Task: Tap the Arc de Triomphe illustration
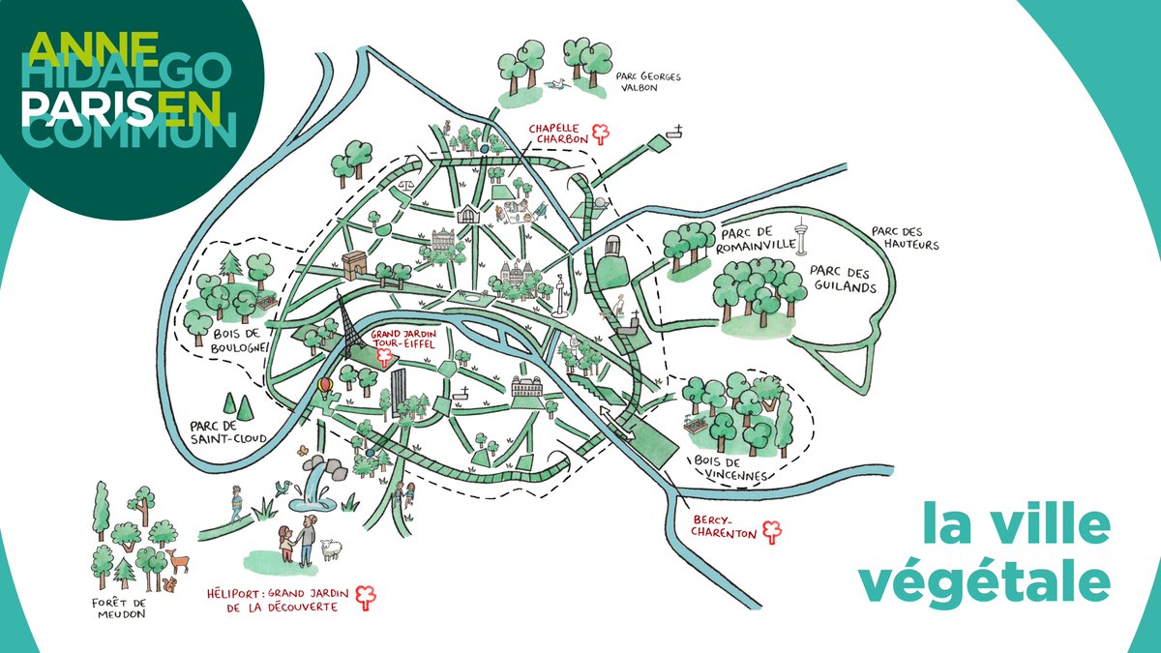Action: (x=357, y=264)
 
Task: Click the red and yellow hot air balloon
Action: (x=326, y=388)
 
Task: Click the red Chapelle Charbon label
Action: (x=558, y=133)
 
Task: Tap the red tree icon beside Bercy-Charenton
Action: (x=771, y=530)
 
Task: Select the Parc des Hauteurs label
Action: (x=905, y=238)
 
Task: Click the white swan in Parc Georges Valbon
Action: (x=556, y=83)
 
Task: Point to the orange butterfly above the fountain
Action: (x=303, y=450)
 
